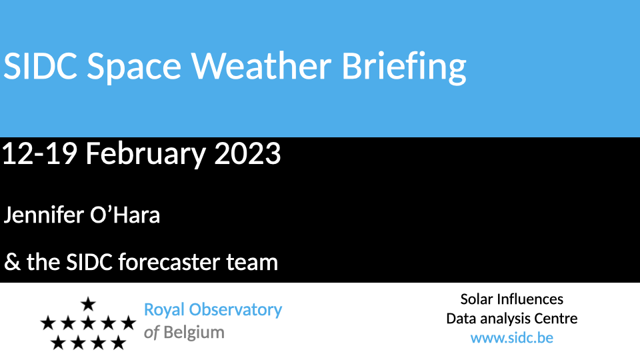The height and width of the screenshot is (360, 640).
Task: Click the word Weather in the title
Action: (x=261, y=66)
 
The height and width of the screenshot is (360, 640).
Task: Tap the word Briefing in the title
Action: (x=404, y=67)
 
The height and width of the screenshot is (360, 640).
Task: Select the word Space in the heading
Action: (x=134, y=67)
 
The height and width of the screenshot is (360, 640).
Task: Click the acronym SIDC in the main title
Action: (x=40, y=66)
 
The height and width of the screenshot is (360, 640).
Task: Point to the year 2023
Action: (x=247, y=154)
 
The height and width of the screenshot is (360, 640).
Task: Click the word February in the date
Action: (x=146, y=155)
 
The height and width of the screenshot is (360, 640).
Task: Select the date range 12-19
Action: (x=39, y=154)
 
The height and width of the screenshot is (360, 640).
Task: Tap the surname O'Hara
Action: (x=125, y=215)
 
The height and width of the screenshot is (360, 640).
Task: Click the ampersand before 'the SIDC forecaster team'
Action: (x=12, y=262)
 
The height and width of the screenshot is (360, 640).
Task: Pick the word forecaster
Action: (x=169, y=262)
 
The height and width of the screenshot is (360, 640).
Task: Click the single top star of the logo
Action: (x=88, y=304)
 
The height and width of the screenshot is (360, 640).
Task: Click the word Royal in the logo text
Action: (x=164, y=310)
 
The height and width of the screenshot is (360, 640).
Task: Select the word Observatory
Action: (x=235, y=310)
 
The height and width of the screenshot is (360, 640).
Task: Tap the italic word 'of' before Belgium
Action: (x=151, y=333)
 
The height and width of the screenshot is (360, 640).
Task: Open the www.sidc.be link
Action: (x=512, y=338)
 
